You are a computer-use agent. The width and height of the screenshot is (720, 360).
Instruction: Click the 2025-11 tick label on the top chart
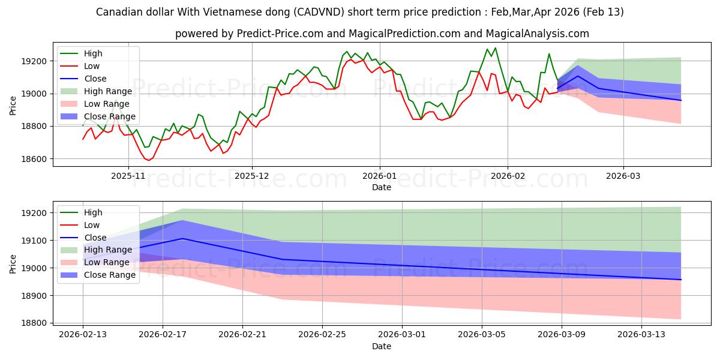coord(128,176)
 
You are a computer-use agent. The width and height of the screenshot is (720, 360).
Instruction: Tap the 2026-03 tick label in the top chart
coord(623,176)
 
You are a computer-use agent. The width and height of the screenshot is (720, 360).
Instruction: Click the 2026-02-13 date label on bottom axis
coord(83,335)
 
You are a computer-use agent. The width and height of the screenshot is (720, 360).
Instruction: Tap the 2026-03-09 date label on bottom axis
coord(562,335)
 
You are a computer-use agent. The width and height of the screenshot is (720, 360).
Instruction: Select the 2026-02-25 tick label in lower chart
coord(322,335)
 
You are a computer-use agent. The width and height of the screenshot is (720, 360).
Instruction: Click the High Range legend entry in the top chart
coord(108,91)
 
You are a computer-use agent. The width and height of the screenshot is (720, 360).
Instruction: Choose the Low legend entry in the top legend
coord(92,66)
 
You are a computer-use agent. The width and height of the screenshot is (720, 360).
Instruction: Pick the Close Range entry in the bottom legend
coord(109,275)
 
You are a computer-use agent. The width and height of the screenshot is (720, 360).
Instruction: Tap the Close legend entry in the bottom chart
coord(95,238)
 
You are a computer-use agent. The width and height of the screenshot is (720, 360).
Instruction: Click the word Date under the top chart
coord(382,187)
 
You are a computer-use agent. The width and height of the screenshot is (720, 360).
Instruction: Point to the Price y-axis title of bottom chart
coord(14,263)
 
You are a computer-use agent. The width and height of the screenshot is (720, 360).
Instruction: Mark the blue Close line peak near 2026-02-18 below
coord(182,239)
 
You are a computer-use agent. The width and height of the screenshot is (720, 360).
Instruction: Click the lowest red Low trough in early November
coord(148,160)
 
